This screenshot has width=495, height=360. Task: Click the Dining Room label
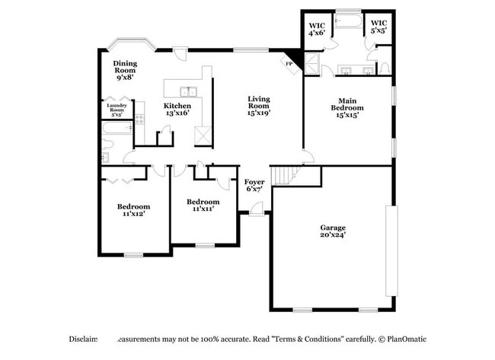point(124,70)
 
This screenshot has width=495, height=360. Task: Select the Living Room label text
point(258,106)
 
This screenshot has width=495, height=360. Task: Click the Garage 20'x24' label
point(332,231)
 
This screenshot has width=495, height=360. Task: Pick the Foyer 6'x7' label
point(254,185)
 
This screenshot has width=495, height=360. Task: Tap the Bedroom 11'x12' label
point(133,210)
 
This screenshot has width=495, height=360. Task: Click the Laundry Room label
point(117,109)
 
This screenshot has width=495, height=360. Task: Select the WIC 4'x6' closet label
point(316,29)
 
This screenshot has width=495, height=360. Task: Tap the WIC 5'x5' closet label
point(378,28)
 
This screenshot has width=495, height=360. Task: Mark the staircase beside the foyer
point(285,176)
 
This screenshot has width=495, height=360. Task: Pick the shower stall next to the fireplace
point(311,64)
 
